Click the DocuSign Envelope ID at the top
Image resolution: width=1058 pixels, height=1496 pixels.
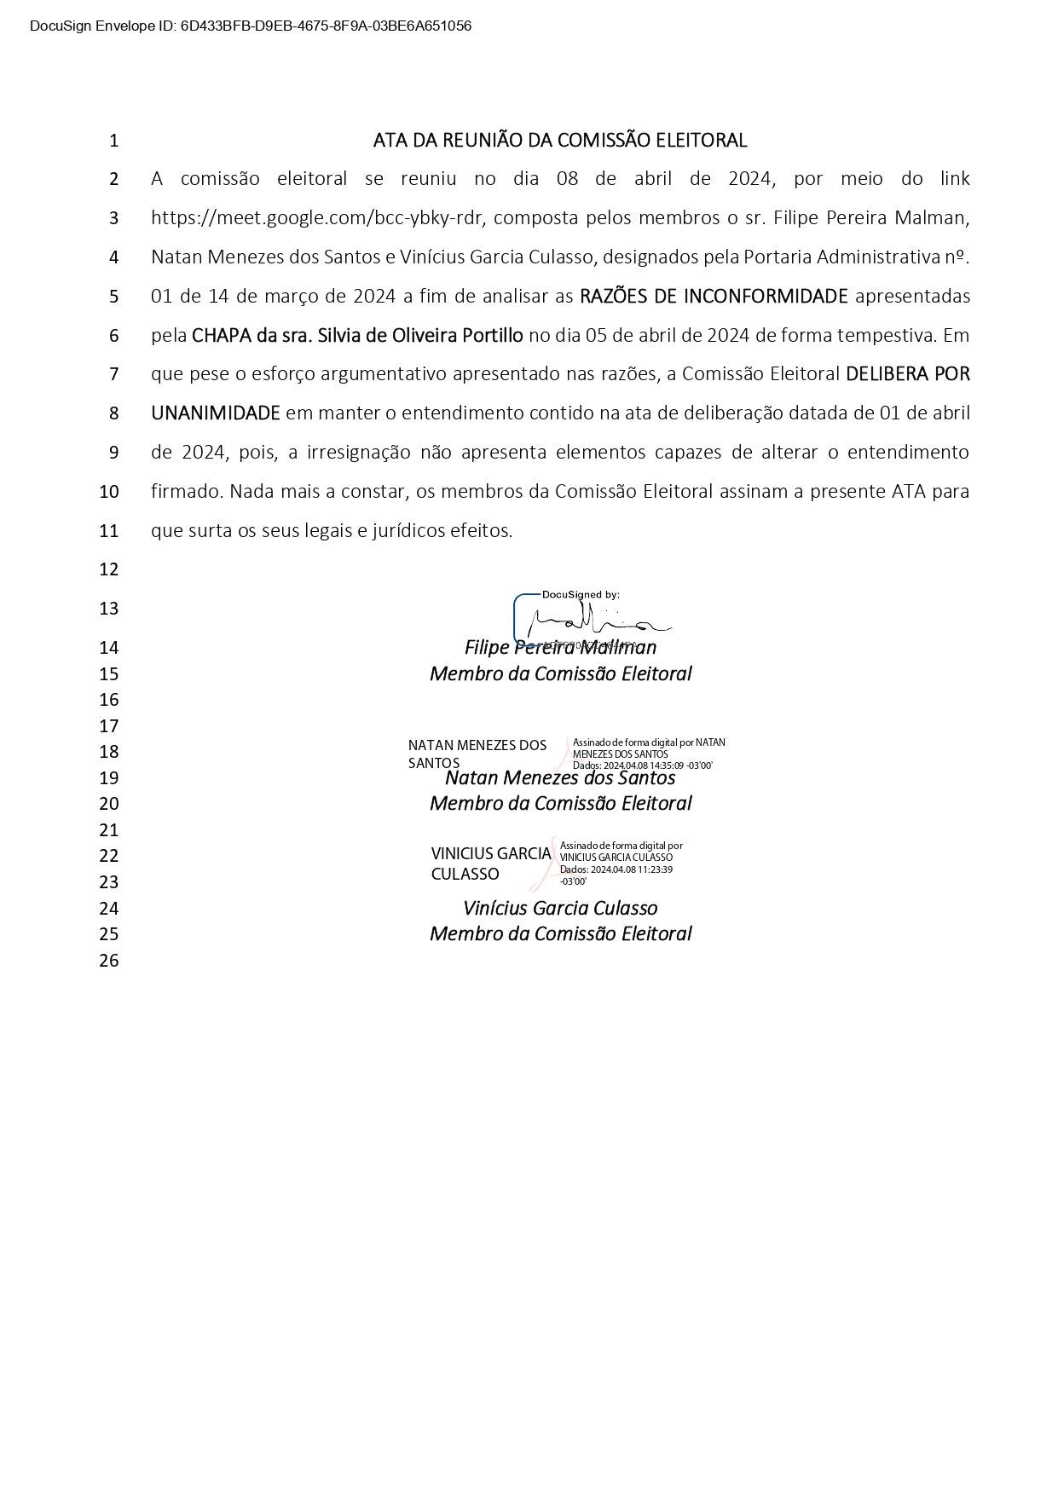[250, 26]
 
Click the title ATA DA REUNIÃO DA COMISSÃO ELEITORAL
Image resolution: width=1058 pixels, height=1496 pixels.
[560, 140]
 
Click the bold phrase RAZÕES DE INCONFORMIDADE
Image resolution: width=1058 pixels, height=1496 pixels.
[714, 296]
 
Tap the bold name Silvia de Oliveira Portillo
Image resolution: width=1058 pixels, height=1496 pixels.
[420, 335]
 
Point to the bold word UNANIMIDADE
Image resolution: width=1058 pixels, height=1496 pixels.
[216, 413]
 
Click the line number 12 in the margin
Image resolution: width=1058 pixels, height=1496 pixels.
[109, 569]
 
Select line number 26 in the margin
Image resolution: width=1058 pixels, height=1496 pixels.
[109, 961]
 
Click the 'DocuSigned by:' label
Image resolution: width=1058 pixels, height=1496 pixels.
[581, 594]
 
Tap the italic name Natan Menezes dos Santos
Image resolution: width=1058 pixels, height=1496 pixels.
[560, 778]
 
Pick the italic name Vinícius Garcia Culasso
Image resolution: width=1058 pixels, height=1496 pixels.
[560, 909]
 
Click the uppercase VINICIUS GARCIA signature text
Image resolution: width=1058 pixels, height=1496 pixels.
[491, 853]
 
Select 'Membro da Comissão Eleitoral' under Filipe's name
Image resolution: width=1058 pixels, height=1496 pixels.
[560, 674]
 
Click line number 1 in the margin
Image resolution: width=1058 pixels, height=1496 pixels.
[113, 141]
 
